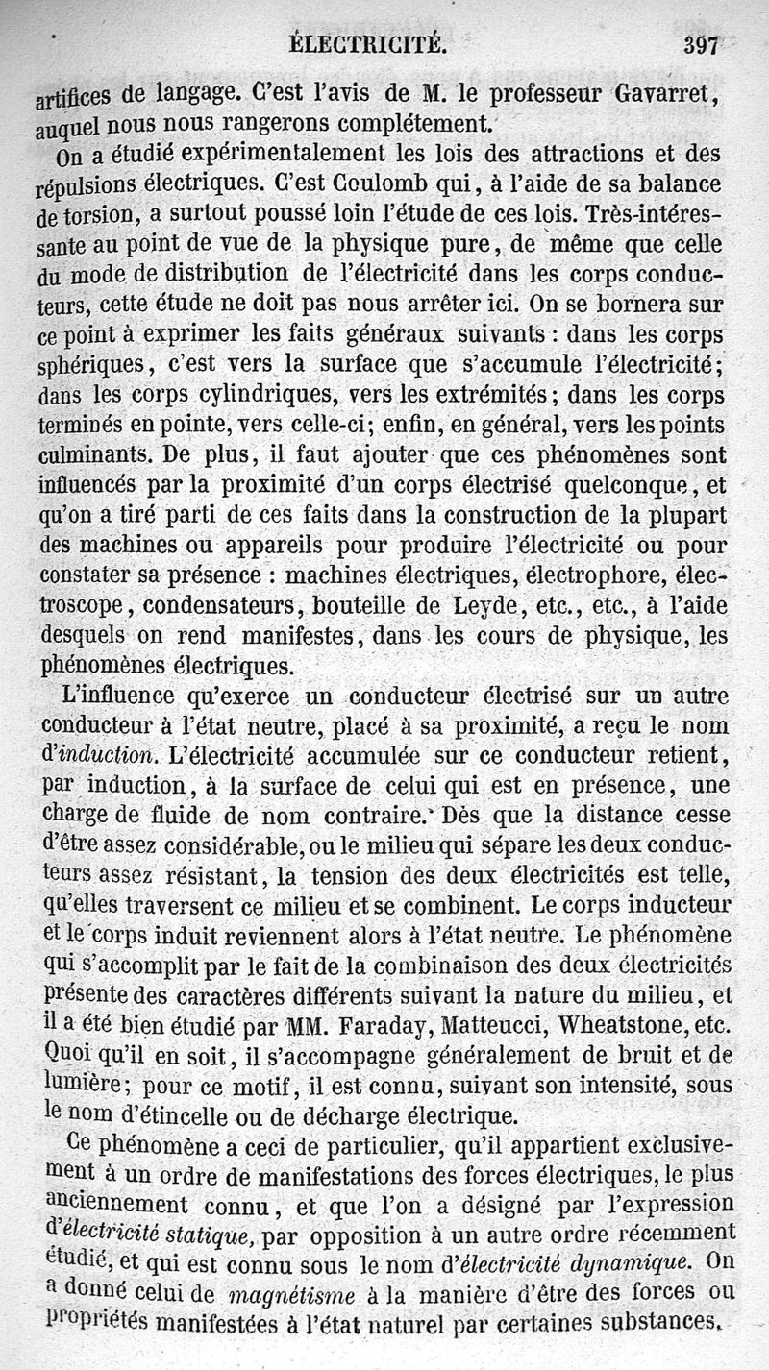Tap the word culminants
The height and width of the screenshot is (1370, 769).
92,453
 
